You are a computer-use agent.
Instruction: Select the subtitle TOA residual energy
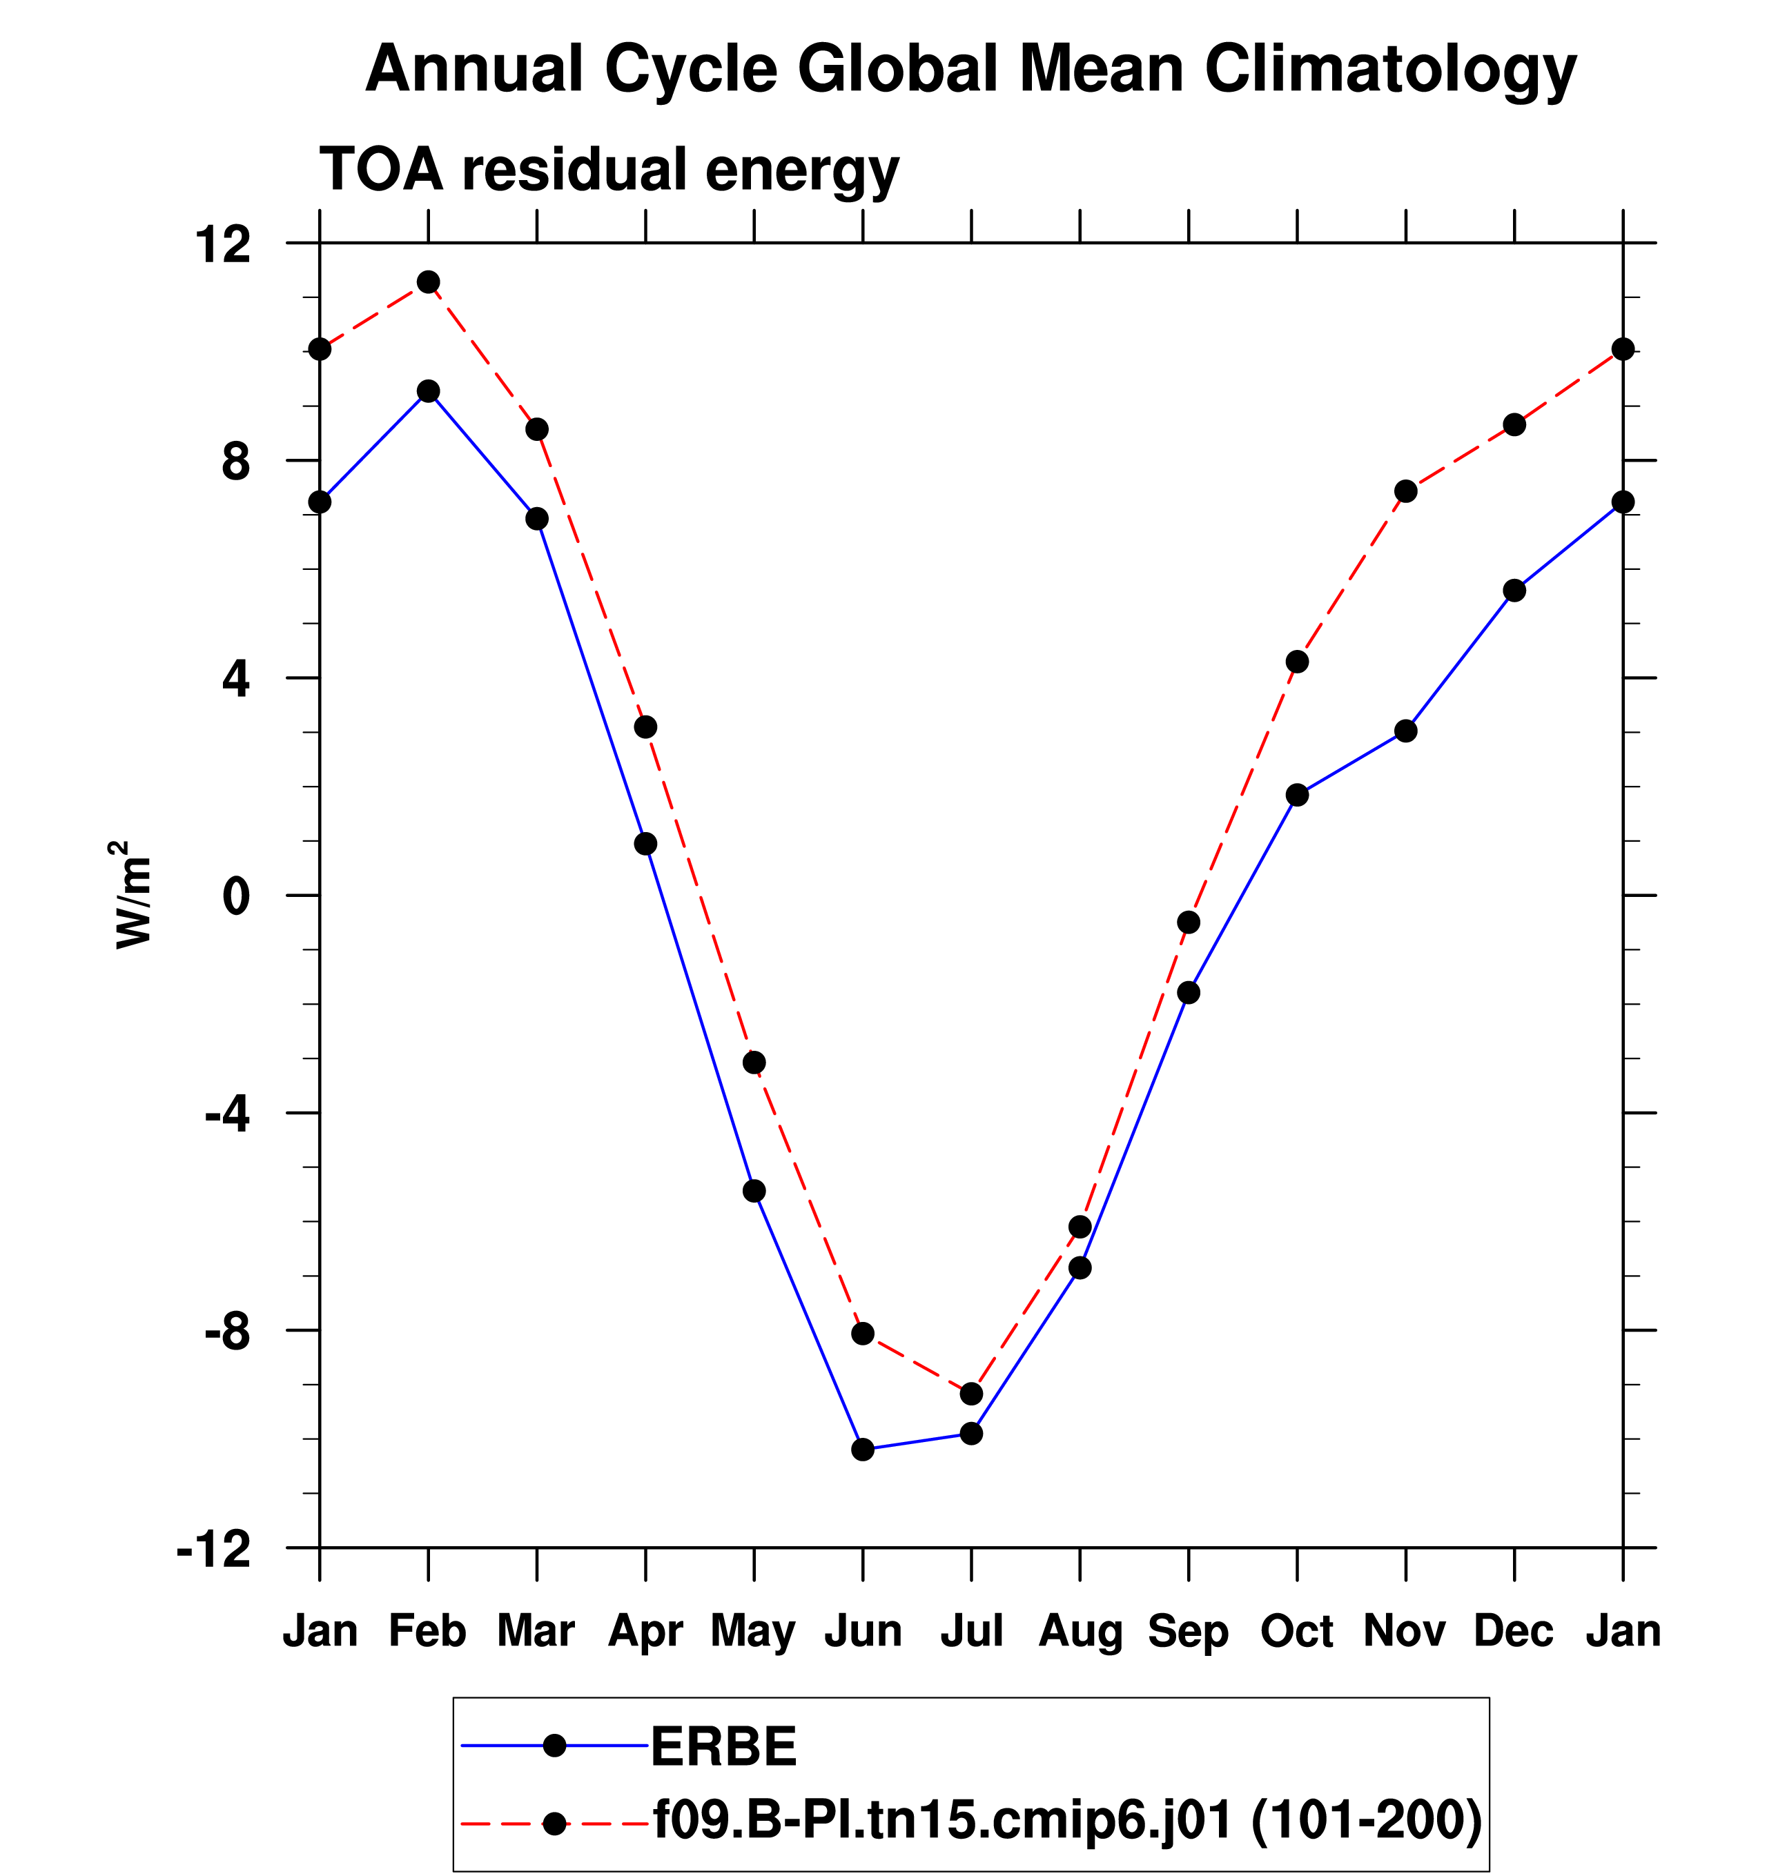pos(609,169)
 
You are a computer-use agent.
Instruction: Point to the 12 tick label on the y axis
pos(223,244)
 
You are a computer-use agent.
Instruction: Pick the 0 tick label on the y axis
pos(236,896)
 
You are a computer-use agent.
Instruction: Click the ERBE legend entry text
pos(724,1747)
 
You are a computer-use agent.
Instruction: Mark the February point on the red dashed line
pos(429,282)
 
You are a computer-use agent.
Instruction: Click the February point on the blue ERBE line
pos(429,392)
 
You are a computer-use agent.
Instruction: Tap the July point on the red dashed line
pos(971,1394)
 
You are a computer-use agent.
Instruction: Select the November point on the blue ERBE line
pos(1405,731)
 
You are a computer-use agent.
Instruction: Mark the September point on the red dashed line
pos(1189,922)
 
